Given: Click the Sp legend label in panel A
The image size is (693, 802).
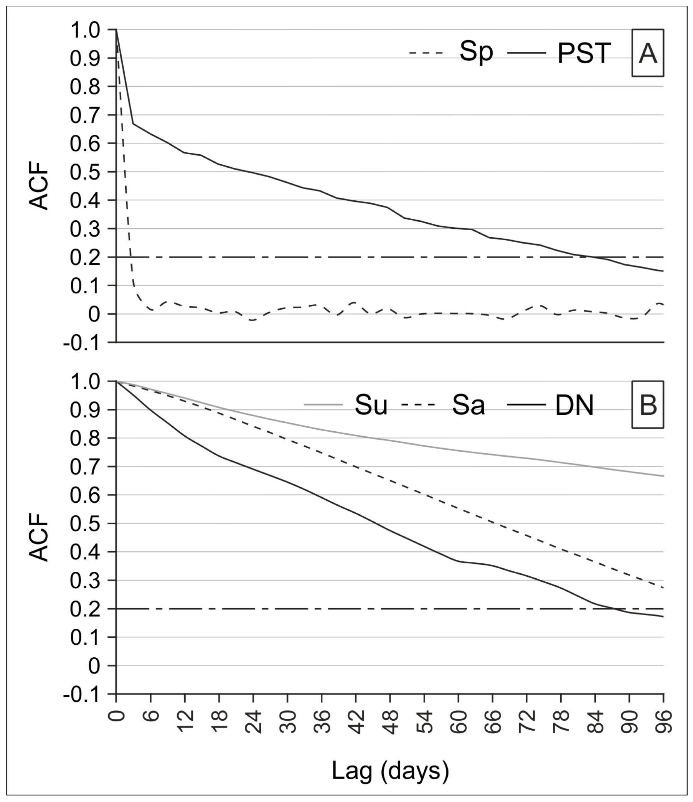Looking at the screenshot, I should coord(476,53).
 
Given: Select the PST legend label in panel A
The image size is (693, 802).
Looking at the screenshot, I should coord(584,53).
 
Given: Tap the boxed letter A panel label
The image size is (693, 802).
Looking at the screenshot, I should coord(648,53).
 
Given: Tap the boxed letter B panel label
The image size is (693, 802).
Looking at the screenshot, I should coord(648,405).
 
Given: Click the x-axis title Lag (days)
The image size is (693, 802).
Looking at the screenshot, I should coord(390,771).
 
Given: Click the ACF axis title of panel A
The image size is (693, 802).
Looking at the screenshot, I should coord(40,190).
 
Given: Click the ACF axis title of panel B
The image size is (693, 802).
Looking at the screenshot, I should coord(40,541).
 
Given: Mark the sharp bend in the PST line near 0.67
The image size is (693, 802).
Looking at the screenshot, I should coord(133,124).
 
